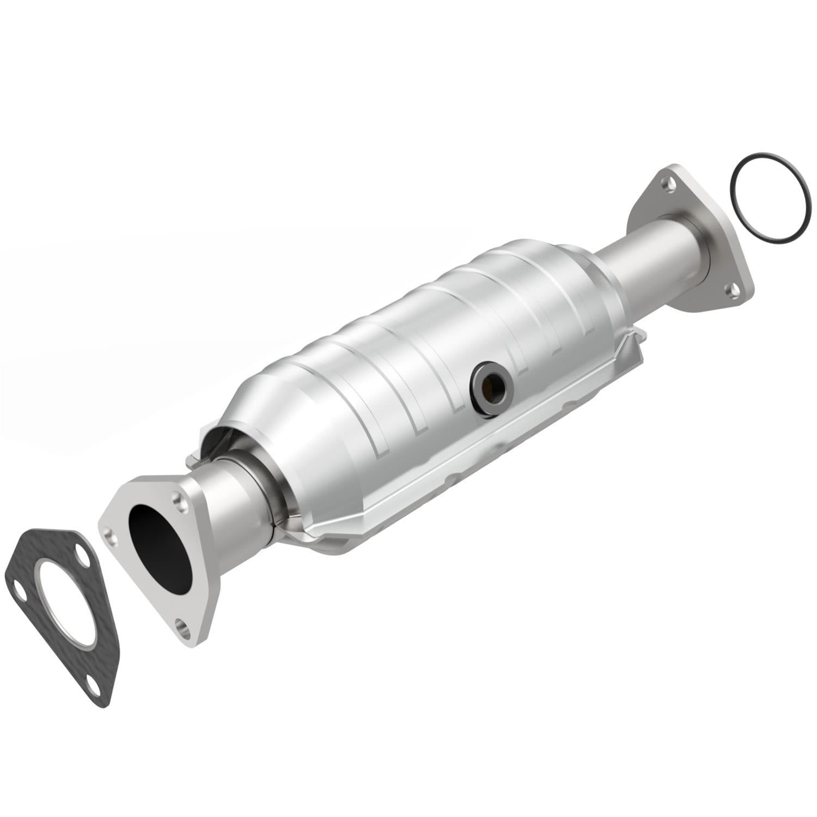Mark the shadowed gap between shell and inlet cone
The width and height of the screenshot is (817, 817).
[218, 444]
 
